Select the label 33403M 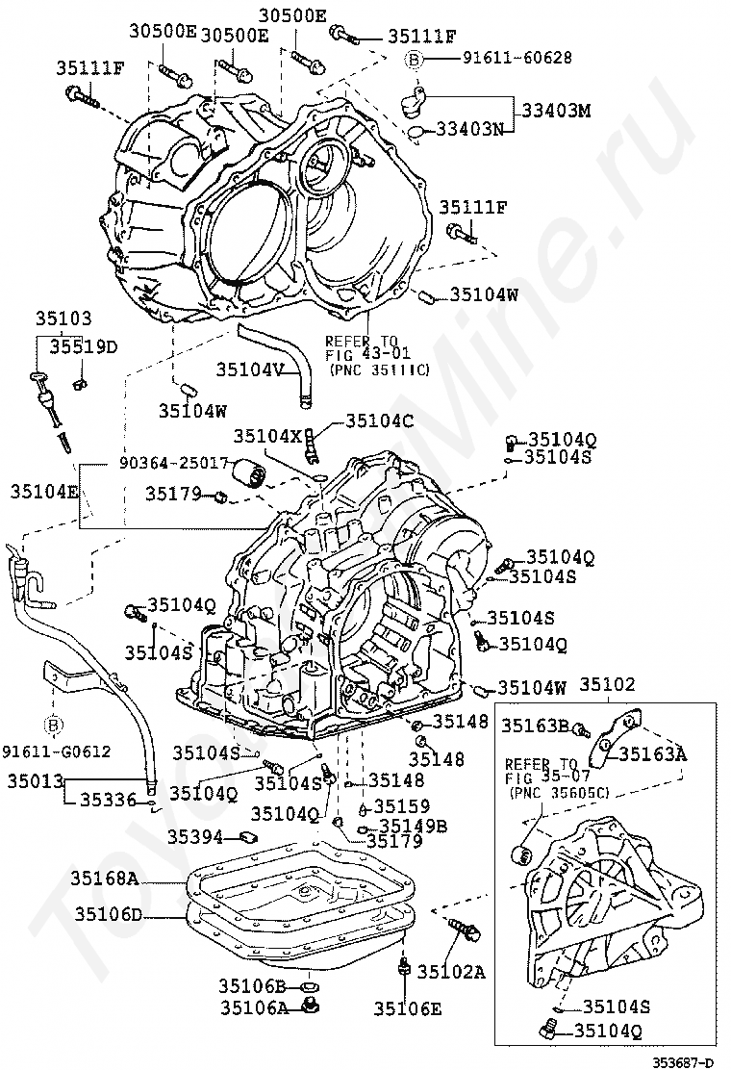[x=556, y=110]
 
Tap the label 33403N [x=469, y=129]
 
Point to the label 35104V [x=250, y=369]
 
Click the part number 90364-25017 [x=174, y=463]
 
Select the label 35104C [x=379, y=420]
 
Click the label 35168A [x=105, y=878]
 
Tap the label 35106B [x=253, y=985]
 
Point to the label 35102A [x=451, y=972]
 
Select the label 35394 [x=196, y=837]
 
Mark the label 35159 [x=401, y=806]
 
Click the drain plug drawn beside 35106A [x=310, y=1006]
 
